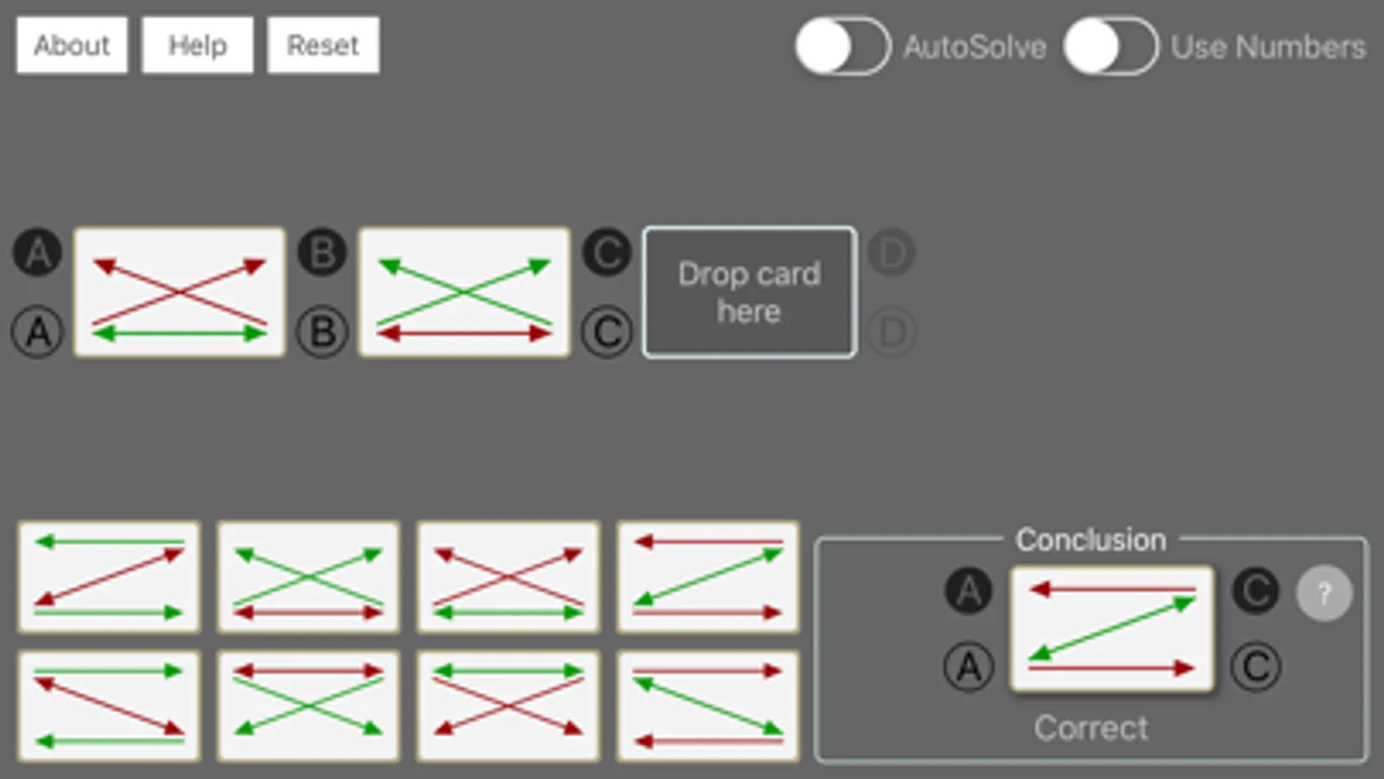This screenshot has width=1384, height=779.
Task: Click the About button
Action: point(72,45)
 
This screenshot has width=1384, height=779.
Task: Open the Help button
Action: point(197,45)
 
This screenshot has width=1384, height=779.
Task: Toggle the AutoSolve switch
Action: point(842,46)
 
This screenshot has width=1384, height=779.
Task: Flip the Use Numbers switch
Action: point(1110,46)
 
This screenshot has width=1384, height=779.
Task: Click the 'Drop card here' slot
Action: point(750,293)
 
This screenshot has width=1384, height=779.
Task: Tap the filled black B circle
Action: point(322,253)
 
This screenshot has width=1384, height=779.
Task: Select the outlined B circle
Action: point(322,332)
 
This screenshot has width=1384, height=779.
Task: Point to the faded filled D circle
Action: point(892,253)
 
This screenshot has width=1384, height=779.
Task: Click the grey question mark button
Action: point(1323,593)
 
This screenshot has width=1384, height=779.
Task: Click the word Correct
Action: point(1091,728)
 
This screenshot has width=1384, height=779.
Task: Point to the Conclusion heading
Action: point(1091,539)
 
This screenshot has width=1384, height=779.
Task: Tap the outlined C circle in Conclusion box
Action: point(1255,666)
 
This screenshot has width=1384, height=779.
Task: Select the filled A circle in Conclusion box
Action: point(969,591)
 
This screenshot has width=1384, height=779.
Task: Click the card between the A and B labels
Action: point(179,293)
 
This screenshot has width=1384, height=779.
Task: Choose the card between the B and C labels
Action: point(465,293)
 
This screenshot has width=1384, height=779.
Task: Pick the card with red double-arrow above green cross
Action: point(308,705)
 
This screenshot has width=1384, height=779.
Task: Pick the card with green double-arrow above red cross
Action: point(508,705)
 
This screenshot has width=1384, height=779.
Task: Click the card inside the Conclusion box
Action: point(1111,629)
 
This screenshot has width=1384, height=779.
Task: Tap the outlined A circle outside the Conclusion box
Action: point(37,332)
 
